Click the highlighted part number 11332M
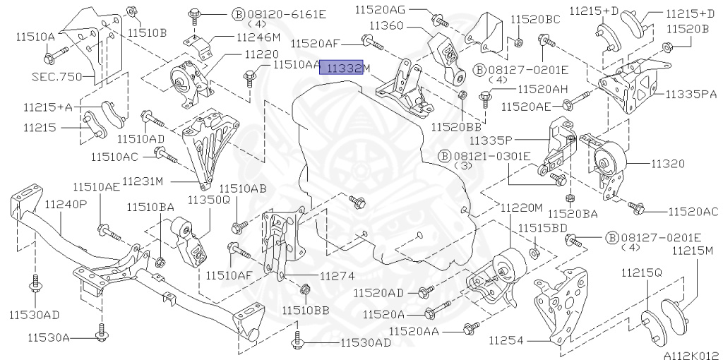point(345,67)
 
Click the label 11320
point(667,163)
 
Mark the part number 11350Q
point(208,200)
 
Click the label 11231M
point(143,181)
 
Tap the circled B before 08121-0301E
point(444,155)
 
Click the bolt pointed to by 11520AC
point(638,208)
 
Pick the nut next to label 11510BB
point(305,289)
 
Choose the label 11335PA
point(688,92)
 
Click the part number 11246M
point(258,37)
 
